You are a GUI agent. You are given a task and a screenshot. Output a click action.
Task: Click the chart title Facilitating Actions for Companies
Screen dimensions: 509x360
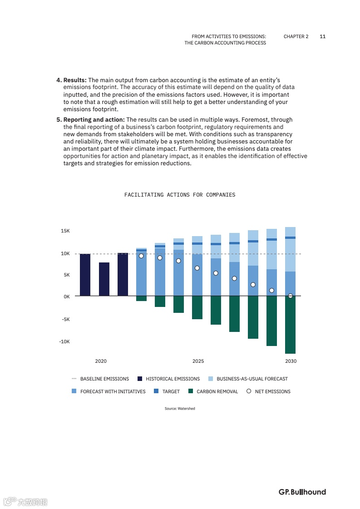tap(180, 195)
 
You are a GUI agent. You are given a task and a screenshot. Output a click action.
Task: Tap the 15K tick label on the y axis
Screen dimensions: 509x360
tap(65, 231)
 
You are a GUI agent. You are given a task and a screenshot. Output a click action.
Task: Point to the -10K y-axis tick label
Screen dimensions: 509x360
tap(64, 341)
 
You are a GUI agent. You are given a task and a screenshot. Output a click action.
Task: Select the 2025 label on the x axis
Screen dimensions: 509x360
tap(198, 361)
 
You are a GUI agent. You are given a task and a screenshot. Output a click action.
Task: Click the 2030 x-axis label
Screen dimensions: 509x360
tap(291, 361)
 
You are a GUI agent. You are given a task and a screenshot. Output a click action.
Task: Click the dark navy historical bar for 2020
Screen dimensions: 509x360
tap(104, 279)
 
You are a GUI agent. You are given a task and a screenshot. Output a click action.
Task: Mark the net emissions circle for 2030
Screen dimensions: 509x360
tap(291, 296)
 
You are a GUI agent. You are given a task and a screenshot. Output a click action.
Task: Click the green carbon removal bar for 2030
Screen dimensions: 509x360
tap(290, 325)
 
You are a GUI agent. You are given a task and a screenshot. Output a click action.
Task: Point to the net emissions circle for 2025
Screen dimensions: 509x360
tap(197, 268)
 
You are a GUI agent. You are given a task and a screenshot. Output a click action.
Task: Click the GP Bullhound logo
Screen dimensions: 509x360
tap(302, 492)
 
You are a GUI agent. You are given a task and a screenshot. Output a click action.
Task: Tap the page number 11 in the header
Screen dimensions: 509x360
tap(322, 36)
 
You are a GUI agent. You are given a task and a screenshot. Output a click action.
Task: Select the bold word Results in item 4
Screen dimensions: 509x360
tap(74, 80)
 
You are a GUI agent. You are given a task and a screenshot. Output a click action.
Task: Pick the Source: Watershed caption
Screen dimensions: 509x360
tap(180, 409)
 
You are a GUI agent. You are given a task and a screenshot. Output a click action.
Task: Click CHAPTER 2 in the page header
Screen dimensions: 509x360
tap(296, 36)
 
